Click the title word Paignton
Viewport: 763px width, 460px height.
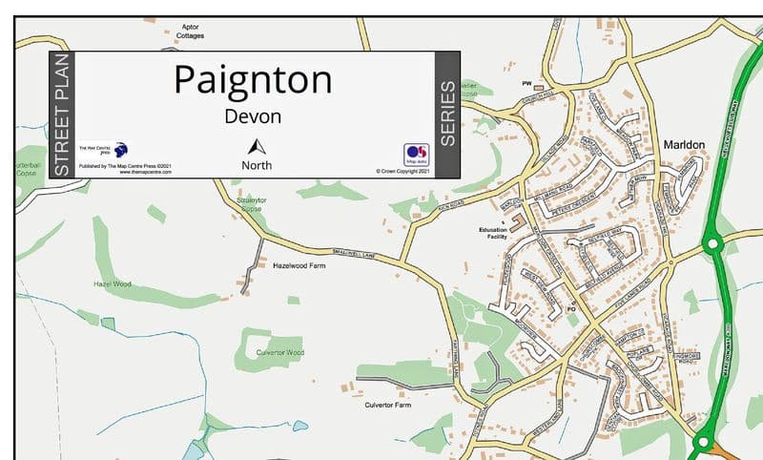[x=253, y=79]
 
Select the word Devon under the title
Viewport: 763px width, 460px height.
[x=253, y=116]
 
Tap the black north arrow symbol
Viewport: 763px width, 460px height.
[x=256, y=146]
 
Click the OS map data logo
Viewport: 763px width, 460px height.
[x=416, y=155]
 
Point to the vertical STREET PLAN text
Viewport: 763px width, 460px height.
[x=62, y=115]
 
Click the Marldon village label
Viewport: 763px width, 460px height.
[x=683, y=145]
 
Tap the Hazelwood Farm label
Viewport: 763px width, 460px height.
[x=299, y=265]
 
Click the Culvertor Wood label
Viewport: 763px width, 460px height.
[x=280, y=352]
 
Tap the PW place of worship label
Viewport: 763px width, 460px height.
[x=526, y=84]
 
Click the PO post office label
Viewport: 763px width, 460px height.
[x=572, y=308]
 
